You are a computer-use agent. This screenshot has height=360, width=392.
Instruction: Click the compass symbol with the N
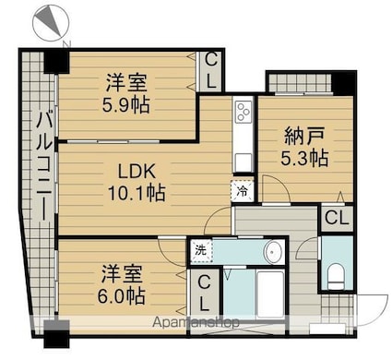tap(52, 21)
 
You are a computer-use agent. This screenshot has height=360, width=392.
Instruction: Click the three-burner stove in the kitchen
tap(244, 114)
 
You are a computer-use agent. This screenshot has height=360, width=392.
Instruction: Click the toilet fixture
tap(337, 271)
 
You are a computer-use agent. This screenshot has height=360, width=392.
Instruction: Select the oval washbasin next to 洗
tap(274, 251)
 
